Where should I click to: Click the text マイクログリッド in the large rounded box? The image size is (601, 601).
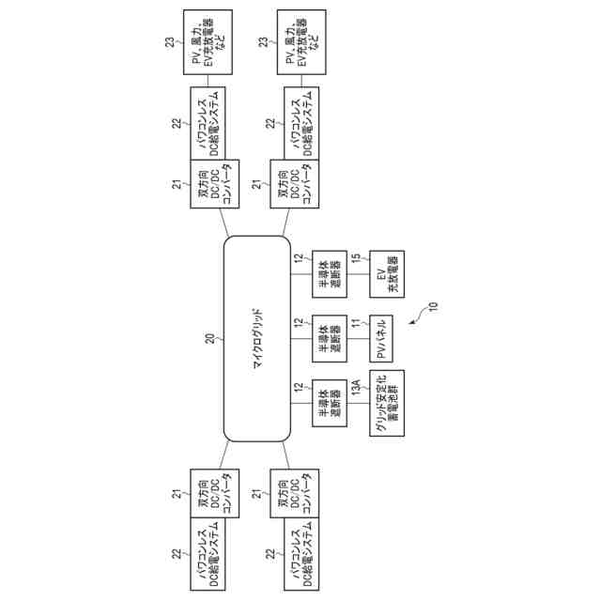pos(256,339)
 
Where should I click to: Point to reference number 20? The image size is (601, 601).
pos(210,339)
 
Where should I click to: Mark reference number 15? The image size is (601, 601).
pos(355,258)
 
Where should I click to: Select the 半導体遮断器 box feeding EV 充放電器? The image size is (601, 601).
pos(328,274)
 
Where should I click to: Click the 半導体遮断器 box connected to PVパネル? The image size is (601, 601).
pos(328,338)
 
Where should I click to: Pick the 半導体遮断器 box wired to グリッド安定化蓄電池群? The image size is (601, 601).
pos(328,403)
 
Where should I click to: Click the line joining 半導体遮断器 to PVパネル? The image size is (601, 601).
pos(357,338)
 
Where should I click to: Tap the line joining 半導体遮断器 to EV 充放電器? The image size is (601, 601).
pos(357,274)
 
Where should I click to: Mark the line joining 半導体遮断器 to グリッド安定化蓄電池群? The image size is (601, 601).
pos(357,403)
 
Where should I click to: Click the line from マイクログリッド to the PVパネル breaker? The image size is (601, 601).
pos(300,338)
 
